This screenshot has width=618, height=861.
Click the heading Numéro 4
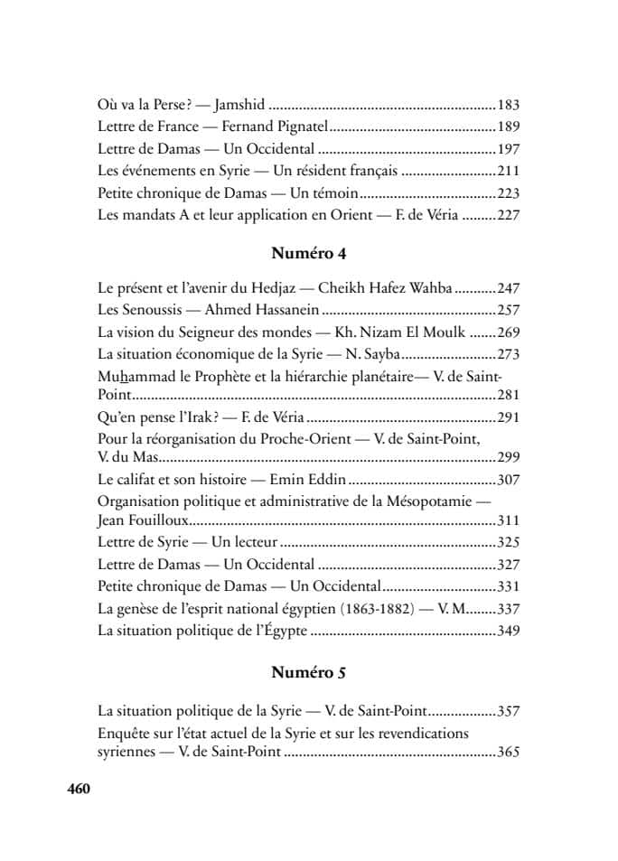(x=309, y=253)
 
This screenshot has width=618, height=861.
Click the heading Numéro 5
(x=309, y=673)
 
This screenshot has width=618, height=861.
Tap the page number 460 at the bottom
(x=80, y=789)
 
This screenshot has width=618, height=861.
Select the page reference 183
(x=509, y=105)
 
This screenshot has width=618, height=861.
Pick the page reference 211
(x=509, y=170)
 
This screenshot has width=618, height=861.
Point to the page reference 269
(x=509, y=332)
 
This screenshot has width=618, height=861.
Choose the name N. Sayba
(x=373, y=354)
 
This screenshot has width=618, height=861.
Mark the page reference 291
(x=509, y=417)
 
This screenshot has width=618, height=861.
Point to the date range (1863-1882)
(x=377, y=609)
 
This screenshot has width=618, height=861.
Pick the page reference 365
(x=509, y=753)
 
